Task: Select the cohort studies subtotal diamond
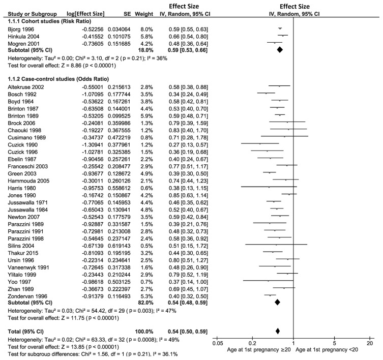(279, 50)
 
